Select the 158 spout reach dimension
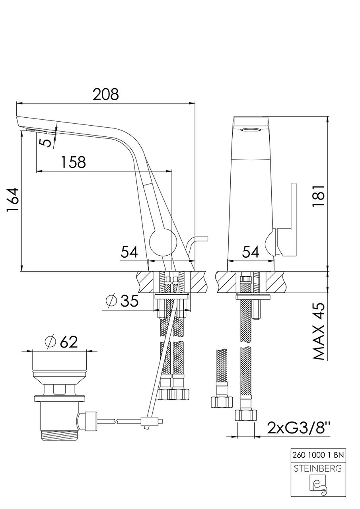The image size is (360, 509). click(74, 162)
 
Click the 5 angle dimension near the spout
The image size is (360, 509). click(45, 143)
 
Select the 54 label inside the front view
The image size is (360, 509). click(251, 252)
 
